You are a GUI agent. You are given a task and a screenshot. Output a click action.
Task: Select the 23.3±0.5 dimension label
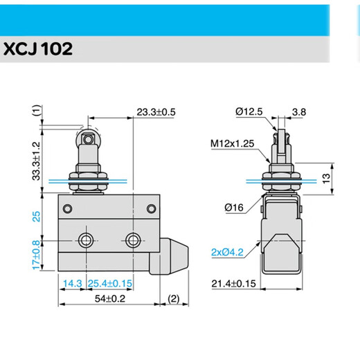tap(156, 111)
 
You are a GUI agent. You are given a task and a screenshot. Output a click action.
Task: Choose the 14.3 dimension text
tap(73, 284)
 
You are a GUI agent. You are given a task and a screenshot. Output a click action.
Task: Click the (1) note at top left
tap(36, 110)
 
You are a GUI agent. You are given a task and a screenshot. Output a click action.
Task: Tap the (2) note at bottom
tap(173, 299)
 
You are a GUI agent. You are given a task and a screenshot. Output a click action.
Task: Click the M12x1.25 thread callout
tap(231, 144)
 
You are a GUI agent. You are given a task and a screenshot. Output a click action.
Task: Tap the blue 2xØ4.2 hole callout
tap(227, 252)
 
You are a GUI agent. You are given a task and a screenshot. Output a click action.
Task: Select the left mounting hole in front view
tap(87, 240)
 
